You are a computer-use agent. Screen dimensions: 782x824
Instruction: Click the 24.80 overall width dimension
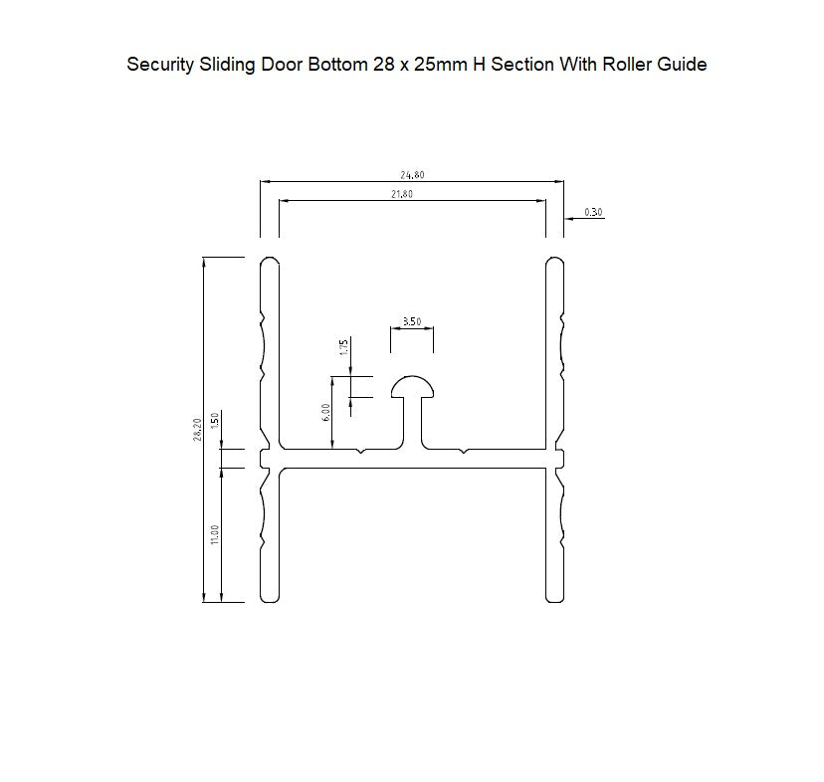point(412,175)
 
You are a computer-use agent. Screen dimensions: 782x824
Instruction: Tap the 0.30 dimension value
point(593,212)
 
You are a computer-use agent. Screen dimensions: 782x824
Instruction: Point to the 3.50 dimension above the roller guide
point(411,321)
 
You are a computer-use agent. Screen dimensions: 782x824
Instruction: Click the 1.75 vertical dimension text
point(343,347)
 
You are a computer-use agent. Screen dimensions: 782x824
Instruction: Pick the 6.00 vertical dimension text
point(325,413)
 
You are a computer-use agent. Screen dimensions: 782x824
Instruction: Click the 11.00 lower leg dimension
point(215,535)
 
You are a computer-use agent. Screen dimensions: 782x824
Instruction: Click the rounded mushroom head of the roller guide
point(411,385)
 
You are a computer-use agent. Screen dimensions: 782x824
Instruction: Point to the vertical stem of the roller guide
point(411,423)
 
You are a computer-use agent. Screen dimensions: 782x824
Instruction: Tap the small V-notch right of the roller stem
point(463,453)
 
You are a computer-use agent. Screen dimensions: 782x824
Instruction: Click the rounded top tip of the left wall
point(269,262)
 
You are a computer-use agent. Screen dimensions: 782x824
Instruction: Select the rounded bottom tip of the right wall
point(555,597)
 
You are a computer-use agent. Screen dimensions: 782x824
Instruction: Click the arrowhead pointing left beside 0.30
point(569,218)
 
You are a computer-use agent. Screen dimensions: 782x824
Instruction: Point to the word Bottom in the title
point(324,65)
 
